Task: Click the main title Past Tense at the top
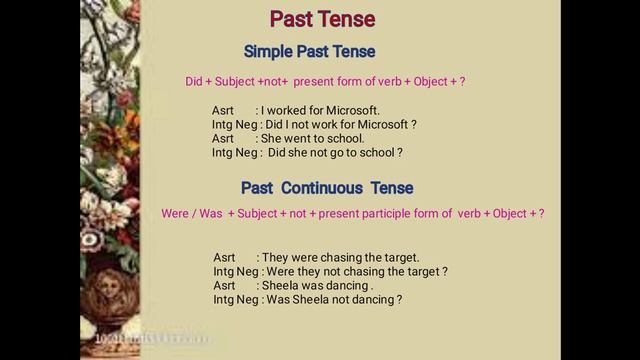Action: click(322, 19)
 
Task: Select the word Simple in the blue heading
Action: click(270, 51)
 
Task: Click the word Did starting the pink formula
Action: click(196, 82)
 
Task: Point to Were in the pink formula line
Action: click(176, 214)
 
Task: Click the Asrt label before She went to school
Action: click(223, 139)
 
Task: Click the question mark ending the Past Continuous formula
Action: click(541, 214)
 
